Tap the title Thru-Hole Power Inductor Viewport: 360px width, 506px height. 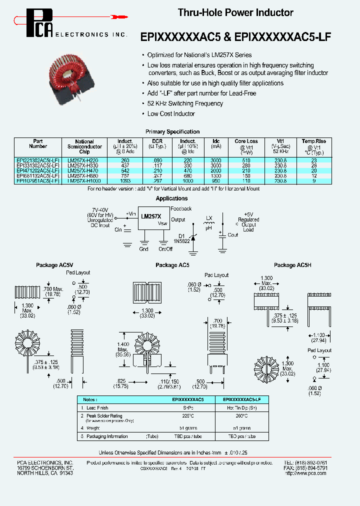coord(235,12)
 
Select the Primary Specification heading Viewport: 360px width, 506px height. coord(172,131)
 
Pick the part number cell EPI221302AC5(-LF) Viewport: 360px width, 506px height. coord(38,160)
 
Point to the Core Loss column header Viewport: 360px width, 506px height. coord(246,141)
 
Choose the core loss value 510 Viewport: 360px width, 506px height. coord(246,160)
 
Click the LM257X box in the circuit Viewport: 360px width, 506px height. coord(151,216)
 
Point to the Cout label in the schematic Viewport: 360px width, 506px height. coord(233,234)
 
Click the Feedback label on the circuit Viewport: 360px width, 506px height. coord(181,208)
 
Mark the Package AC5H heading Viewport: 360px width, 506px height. coord(292,265)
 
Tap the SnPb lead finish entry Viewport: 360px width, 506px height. coord(187,408)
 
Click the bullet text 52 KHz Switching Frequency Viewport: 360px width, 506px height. coord(185,103)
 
